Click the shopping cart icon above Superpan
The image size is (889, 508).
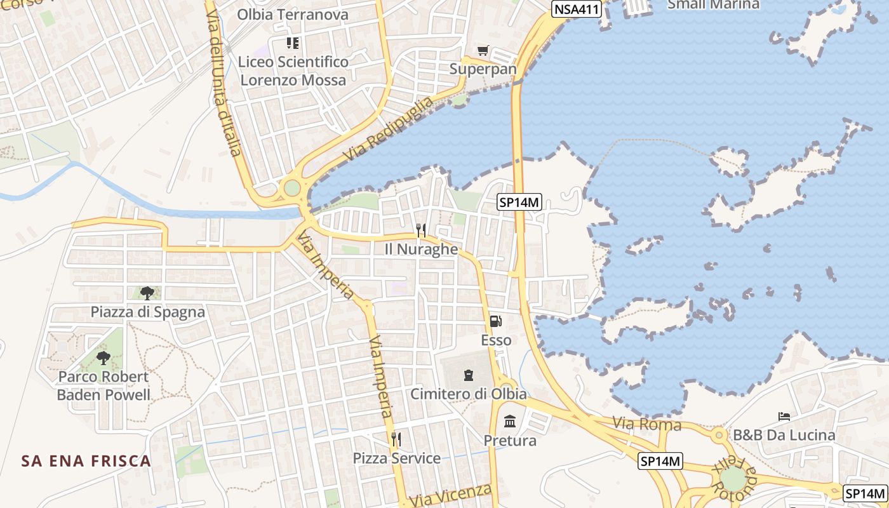click(x=483, y=51)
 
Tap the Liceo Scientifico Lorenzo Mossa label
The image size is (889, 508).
click(x=293, y=71)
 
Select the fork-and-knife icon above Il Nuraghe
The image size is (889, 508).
click(x=420, y=231)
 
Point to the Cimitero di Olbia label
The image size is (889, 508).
click(x=468, y=394)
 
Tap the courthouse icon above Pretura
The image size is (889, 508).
click(x=509, y=421)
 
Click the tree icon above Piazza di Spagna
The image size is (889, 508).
click(x=147, y=293)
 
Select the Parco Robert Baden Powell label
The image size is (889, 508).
click(x=104, y=385)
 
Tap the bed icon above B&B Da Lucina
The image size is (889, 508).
click(x=784, y=417)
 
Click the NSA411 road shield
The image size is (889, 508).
click(x=576, y=9)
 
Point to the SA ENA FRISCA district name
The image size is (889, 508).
click(x=86, y=460)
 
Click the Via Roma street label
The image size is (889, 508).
click(x=647, y=424)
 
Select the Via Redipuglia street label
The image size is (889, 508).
click(x=388, y=129)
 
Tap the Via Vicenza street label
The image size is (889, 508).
click(x=450, y=495)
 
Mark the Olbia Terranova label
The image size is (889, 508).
click(x=293, y=15)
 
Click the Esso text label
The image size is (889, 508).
click(x=496, y=340)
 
